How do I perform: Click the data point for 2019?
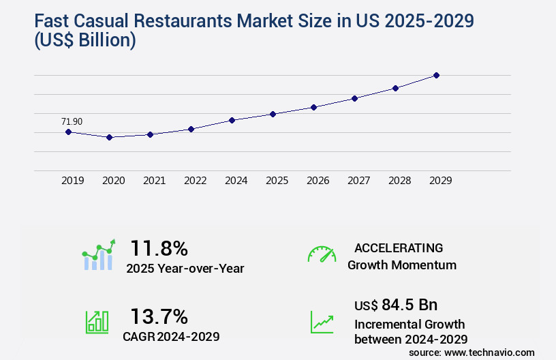(x=68, y=132)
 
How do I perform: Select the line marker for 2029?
(x=436, y=75)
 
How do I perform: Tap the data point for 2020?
(x=109, y=137)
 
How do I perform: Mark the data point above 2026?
(x=313, y=107)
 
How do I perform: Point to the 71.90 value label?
(x=72, y=121)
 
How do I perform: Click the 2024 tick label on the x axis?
(x=236, y=181)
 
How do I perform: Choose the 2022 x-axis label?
(x=195, y=181)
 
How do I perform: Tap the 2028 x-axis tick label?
(x=399, y=181)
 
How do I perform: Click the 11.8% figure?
(x=159, y=248)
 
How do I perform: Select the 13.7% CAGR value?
(x=159, y=316)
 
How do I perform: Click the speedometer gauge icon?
(x=322, y=254)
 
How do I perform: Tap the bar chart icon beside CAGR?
(x=97, y=322)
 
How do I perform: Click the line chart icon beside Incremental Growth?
(x=322, y=322)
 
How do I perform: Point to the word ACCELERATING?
(x=399, y=247)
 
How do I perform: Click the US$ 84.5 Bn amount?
(x=396, y=304)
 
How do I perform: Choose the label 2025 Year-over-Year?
(x=185, y=269)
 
